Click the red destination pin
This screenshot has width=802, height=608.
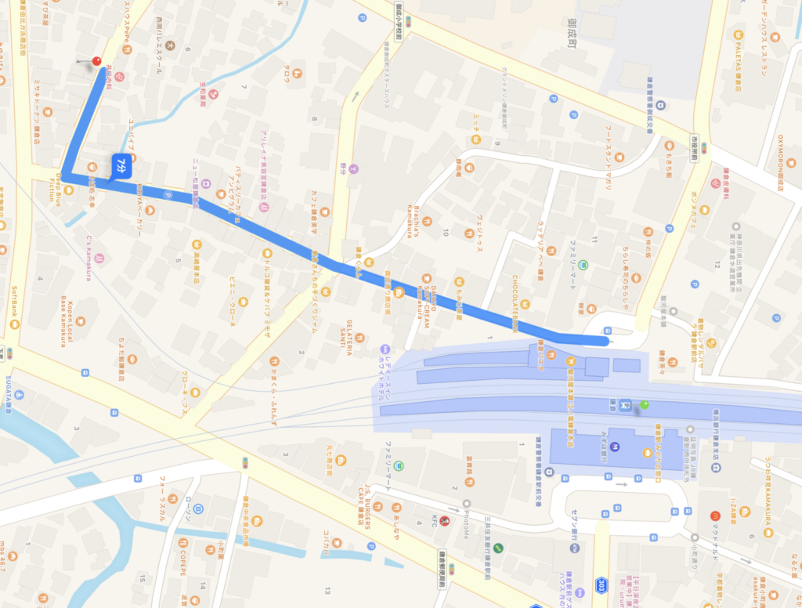click(98, 60)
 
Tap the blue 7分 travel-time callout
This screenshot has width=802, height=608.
click(123, 165)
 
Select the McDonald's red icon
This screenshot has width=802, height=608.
click(714, 517)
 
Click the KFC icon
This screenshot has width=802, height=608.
click(444, 520)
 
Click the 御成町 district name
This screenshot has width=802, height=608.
click(573, 35)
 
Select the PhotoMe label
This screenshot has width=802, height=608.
click(467, 518)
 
